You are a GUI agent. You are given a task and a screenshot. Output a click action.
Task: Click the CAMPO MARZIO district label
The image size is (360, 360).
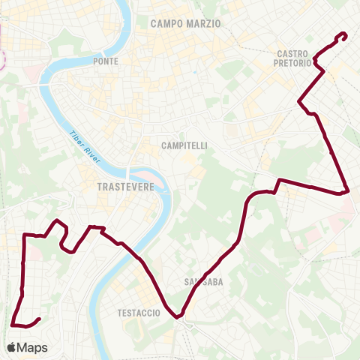186,23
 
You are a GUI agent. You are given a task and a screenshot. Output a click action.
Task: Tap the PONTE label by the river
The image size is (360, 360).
106,61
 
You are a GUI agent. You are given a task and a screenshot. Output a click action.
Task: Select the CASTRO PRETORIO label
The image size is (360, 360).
293,58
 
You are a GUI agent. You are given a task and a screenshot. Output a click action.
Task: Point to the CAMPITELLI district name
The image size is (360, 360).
184,145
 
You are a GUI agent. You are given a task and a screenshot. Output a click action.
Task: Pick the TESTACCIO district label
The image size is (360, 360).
139,313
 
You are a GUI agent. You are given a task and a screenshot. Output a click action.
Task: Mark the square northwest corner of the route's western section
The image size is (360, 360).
25,235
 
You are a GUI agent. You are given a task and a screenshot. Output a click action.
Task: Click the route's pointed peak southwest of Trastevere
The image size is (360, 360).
57,220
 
